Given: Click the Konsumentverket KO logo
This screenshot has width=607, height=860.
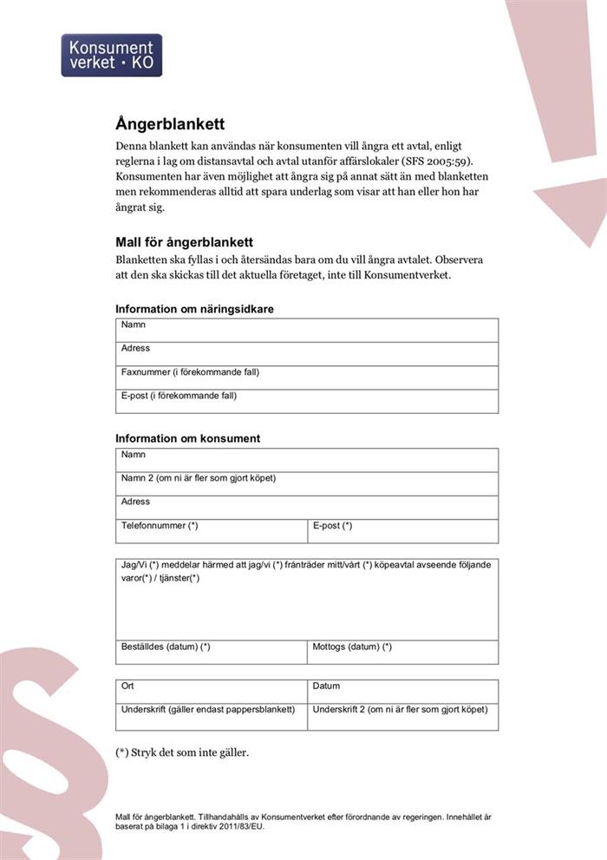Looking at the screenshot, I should coord(111,55).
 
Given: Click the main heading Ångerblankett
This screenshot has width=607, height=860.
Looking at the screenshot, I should coord(172,124).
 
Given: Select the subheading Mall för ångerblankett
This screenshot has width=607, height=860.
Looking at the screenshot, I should coord(184,242).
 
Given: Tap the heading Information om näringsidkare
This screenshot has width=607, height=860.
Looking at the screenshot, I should coord(194,309).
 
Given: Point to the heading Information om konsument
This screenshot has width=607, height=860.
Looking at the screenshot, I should coord(187,438).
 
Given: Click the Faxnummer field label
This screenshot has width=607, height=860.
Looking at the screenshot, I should coord(190,372).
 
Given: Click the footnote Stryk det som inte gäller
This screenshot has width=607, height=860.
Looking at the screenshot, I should coord(182,752).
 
